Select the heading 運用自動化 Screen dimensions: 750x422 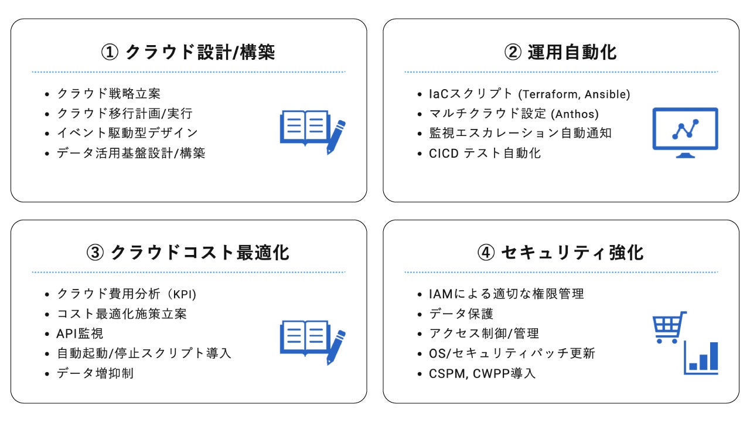point(561,52)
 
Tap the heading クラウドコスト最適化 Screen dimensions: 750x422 point(189,253)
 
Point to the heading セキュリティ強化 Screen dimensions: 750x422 point(561,253)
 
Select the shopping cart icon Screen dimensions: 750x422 point(669,328)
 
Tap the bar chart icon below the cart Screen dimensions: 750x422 point(701,358)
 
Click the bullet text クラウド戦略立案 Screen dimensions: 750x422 point(108,93)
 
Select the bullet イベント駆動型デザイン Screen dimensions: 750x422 point(127,133)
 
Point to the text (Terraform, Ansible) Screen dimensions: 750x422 point(575,94)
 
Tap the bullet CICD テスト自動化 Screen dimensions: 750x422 point(485,153)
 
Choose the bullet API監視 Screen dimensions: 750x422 point(80,333)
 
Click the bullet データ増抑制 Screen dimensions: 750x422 point(95,373)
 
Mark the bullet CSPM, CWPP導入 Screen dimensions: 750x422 point(482,373)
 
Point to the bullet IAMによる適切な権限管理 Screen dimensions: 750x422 point(506,294)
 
